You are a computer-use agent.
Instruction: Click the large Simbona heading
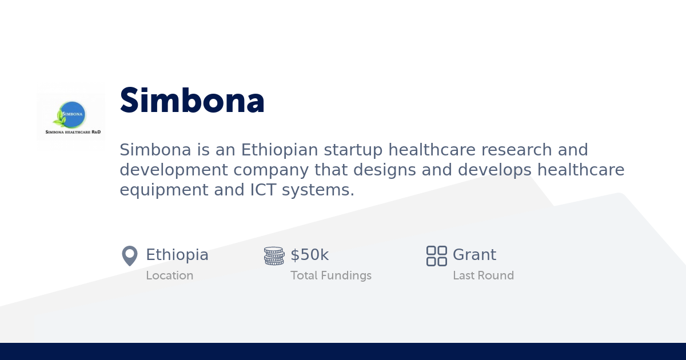[x=192, y=101]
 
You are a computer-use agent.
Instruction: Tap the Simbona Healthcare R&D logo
[x=71, y=117]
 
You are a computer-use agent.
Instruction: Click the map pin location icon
[x=130, y=255]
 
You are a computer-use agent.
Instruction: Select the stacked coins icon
[x=274, y=255]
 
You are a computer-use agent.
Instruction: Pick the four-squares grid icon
[x=436, y=255]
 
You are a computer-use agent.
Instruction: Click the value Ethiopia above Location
[x=177, y=255]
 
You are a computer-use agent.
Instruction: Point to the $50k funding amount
[x=309, y=255]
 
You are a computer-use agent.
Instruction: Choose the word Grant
[x=474, y=255]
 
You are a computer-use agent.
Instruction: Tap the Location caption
[x=169, y=275]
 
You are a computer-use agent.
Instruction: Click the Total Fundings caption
[x=330, y=275]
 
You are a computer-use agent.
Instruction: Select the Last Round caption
[x=483, y=275]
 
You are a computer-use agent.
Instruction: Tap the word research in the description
[x=511, y=150]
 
